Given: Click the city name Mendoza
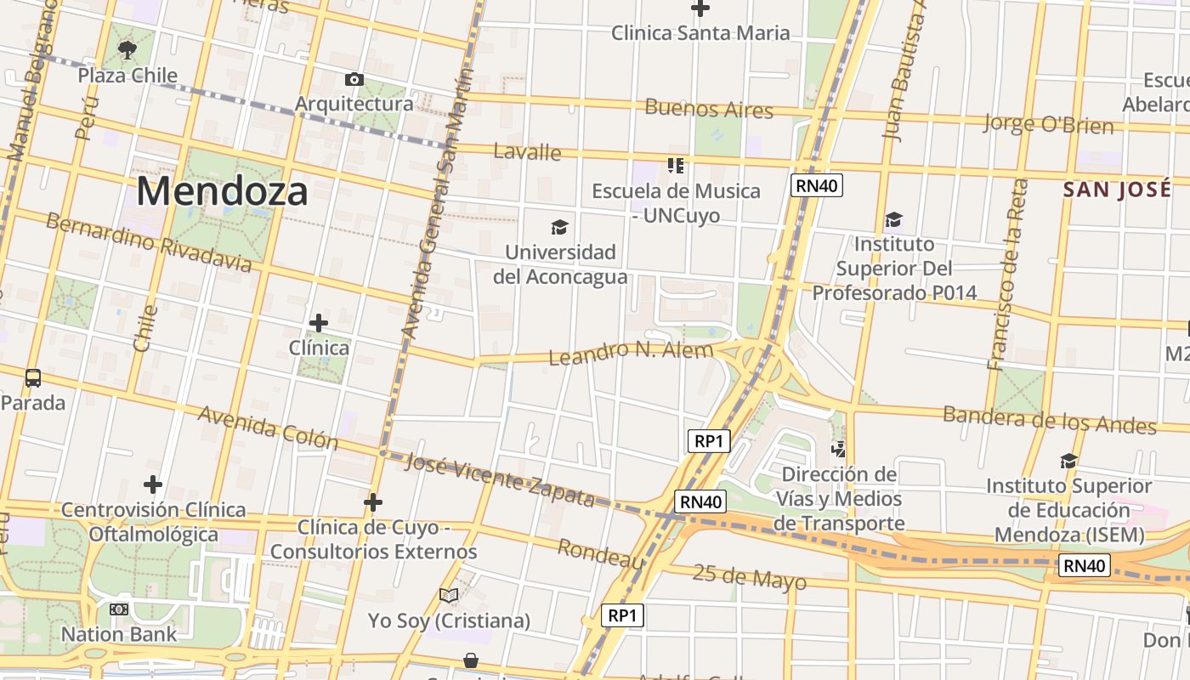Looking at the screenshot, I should [x=222, y=191].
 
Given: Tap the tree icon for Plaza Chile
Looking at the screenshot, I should [x=127, y=50].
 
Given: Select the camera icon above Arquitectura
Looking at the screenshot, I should [x=354, y=80].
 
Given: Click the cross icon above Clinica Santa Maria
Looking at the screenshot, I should [x=700, y=8].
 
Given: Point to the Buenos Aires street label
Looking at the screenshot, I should [x=709, y=109].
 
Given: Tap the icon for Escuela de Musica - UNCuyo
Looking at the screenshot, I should [x=676, y=165].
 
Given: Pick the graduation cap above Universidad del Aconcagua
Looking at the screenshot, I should [x=559, y=227].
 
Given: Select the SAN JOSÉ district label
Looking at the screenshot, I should [x=1117, y=189].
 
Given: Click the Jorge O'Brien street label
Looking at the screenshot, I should [x=1048, y=124].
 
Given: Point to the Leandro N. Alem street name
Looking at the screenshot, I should [x=631, y=352].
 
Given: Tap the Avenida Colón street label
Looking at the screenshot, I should [x=268, y=427].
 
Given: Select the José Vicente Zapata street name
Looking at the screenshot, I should [x=500, y=479].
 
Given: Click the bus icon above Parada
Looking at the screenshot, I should [x=33, y=377].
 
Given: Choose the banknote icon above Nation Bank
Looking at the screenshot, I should [x=119, y=609].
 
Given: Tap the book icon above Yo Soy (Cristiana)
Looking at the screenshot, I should [x=449, y=596].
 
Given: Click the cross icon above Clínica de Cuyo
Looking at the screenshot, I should [x=372, y=503].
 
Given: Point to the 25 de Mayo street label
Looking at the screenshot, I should [x=749, y=578].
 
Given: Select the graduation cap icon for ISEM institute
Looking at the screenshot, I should [x=1068, y=461].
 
